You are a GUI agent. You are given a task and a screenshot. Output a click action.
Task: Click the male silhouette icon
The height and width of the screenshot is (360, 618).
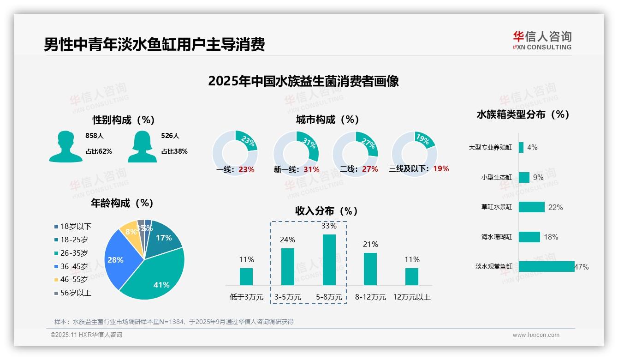[x=65, y=146]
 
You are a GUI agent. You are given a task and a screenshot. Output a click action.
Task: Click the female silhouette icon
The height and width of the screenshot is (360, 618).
[x=142, y=146]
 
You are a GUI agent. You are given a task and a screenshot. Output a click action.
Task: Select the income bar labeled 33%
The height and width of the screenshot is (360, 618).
[x=329, y=260]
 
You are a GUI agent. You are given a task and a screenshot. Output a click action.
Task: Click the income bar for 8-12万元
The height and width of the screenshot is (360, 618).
[x=370, y=269]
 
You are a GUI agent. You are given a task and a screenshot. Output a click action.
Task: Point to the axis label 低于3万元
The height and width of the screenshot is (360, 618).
[x=246, y=297]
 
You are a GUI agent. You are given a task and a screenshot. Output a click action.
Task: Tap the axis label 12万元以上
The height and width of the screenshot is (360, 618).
[x=411, y=297]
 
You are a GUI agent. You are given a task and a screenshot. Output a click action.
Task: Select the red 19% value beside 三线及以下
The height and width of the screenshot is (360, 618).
[x=441, y=169]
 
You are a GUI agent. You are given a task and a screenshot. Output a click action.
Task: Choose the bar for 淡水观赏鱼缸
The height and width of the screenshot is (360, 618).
[x=547, y=267]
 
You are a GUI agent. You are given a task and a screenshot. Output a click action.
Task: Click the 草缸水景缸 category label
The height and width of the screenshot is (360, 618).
[x=496, y=207]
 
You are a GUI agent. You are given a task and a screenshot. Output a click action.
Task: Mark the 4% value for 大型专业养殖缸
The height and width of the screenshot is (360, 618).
[x=532, y=148]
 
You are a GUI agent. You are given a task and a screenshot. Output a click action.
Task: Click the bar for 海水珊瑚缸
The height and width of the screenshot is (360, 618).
[x=529, y=237]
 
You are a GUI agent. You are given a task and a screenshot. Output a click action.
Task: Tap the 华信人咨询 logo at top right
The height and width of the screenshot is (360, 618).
[x=542, y=40]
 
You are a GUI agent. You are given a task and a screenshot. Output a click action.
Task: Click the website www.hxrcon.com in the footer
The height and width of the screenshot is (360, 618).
[x=535, y=335]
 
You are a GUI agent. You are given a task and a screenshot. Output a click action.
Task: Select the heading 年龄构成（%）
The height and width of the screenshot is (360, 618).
[x=122, y=203]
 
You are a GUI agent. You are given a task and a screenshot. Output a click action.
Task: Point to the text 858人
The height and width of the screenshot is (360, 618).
[x=95, y=136]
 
